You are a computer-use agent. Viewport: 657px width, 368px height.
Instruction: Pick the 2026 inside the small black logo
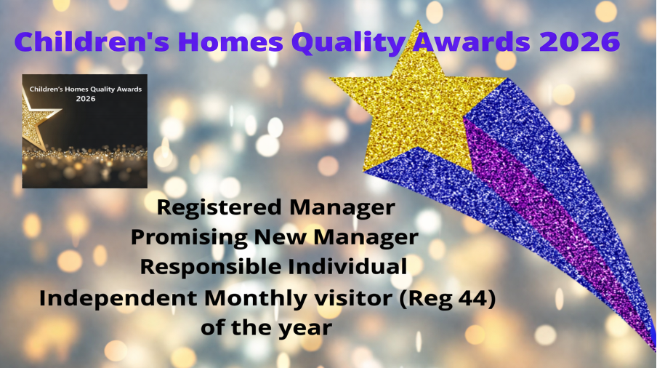coord(86,99)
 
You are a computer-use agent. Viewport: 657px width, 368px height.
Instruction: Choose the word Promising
coord(189,238)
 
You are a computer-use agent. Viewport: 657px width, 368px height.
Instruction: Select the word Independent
coord(118,299)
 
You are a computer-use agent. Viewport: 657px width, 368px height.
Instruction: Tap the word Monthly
coord(256,299)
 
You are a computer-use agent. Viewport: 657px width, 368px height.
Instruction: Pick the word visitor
coord(353,298)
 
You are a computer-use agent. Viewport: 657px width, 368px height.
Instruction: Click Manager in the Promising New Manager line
coord(366,238)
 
